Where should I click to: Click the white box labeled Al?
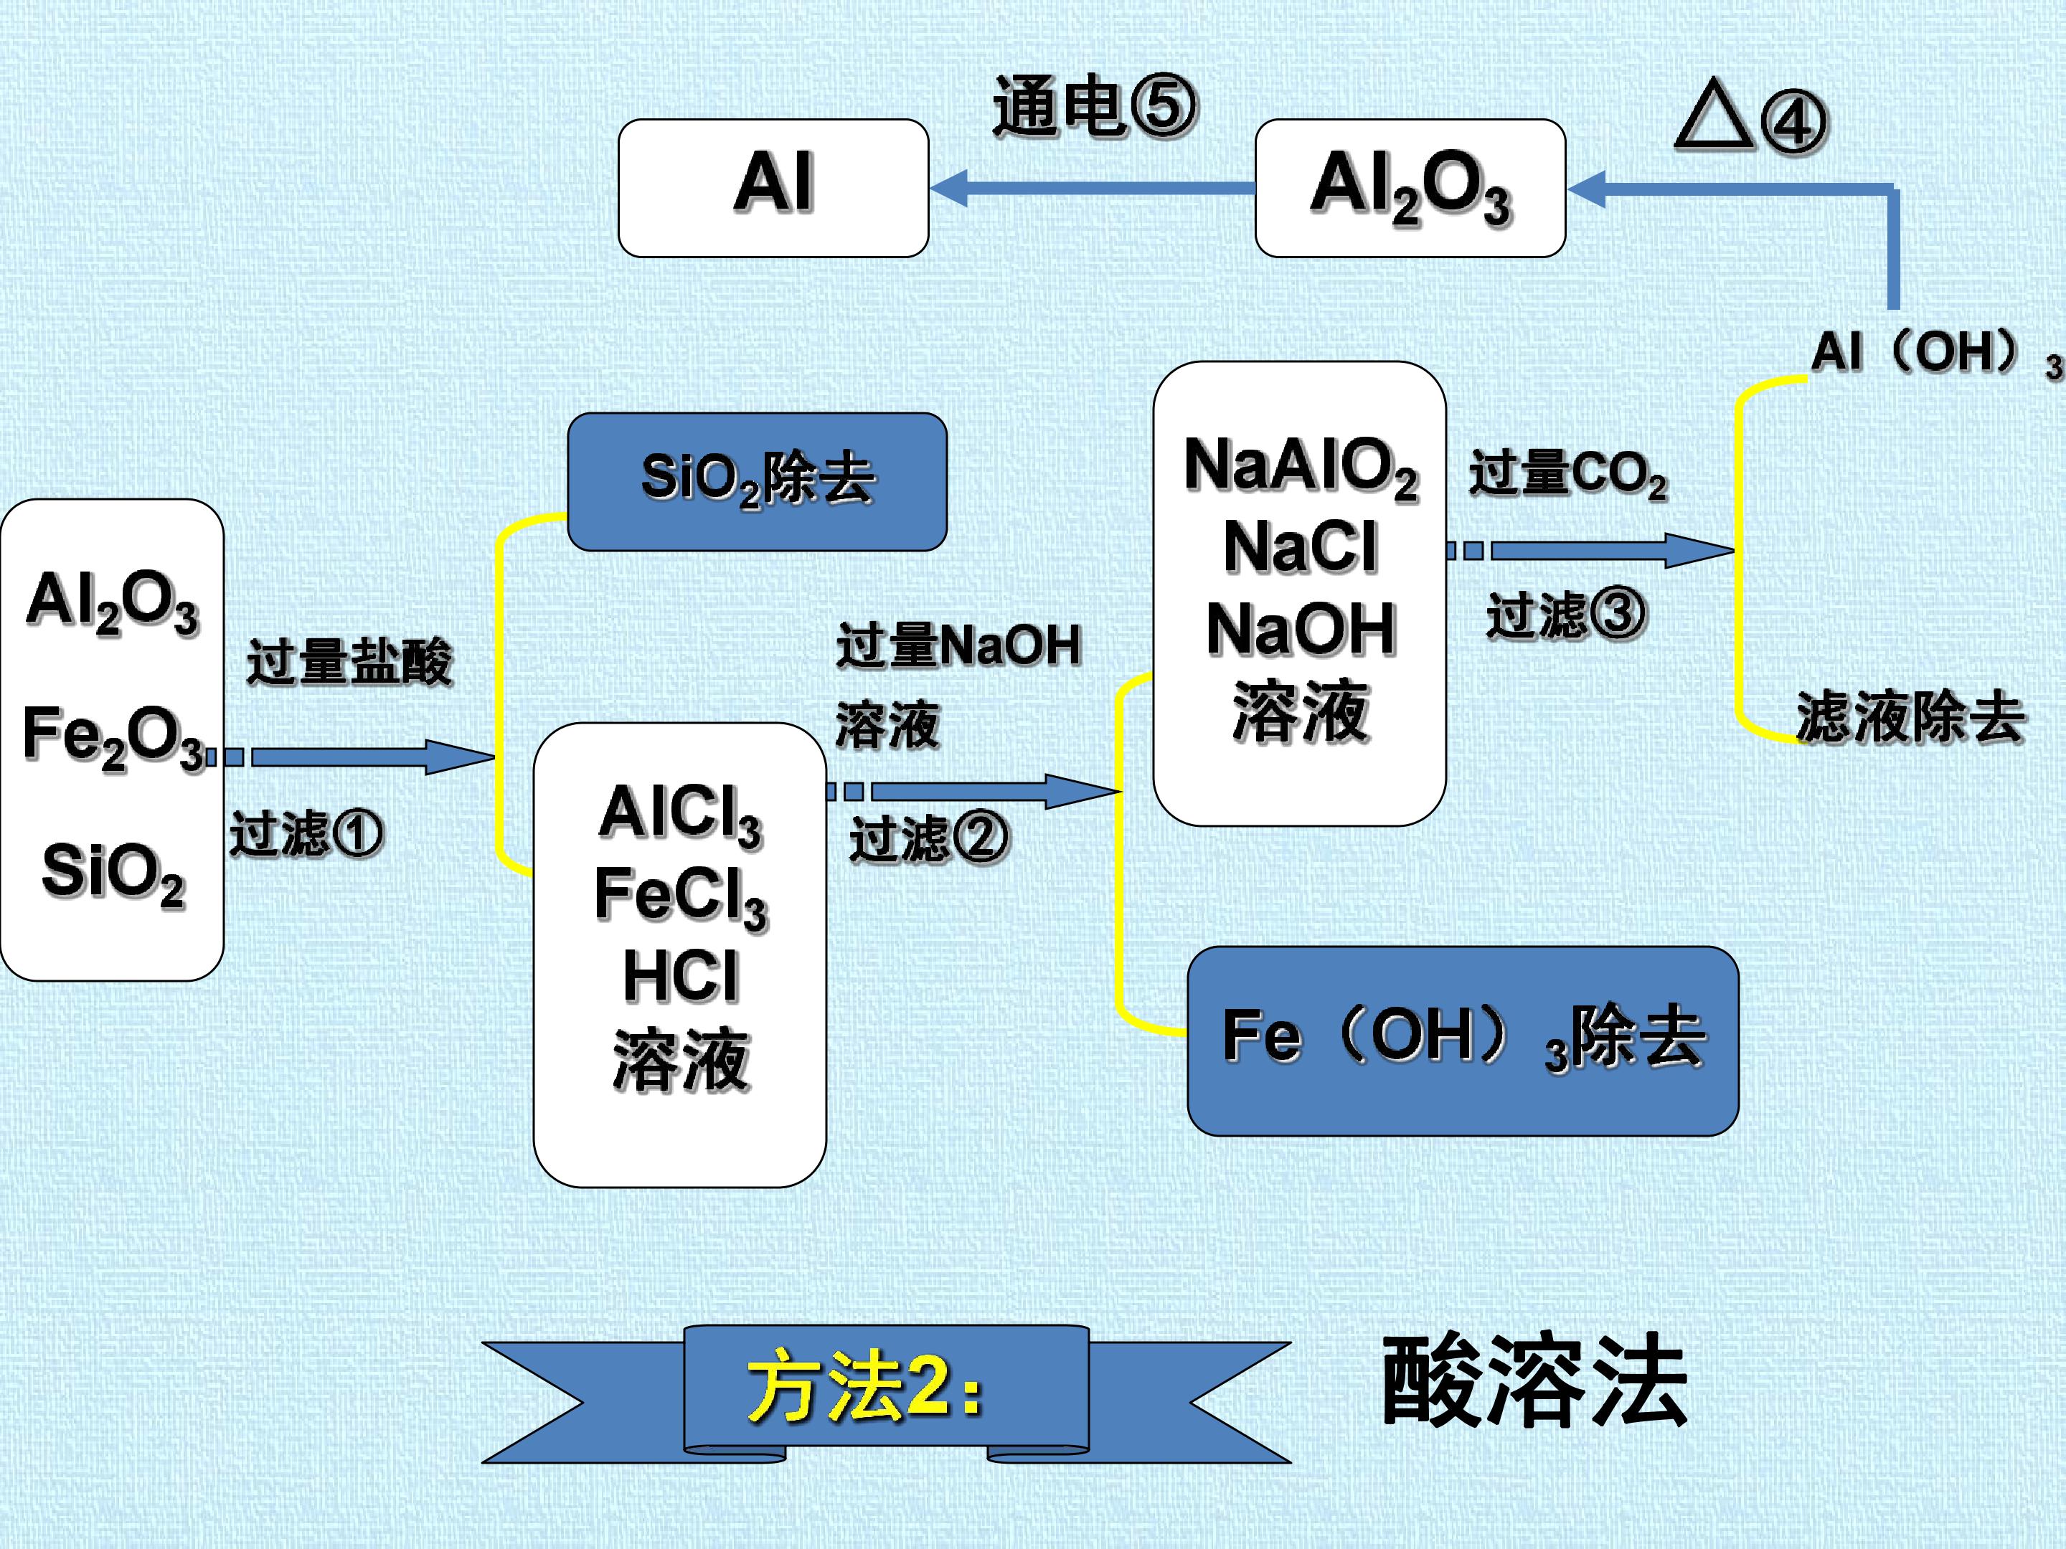click(773, 188)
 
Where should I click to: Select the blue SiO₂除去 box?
click(758, 482)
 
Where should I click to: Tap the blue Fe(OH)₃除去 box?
click(1463, 1041)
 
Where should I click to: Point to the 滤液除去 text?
click(1910, 717)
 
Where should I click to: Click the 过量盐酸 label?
click(349, 662)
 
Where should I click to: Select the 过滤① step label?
click(306, 834)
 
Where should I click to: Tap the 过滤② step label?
click(928, 838)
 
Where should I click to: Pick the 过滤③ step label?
click(1565, 615)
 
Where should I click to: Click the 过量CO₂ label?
click(1568, 473)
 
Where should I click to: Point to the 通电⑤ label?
click(1095, 106)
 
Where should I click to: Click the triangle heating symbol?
click(1714, 115)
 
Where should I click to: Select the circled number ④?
click(1794, 123)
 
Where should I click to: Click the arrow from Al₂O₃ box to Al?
click(1093, 188)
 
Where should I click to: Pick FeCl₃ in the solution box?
click(681, 896)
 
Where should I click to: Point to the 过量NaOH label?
click(958, 645)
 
